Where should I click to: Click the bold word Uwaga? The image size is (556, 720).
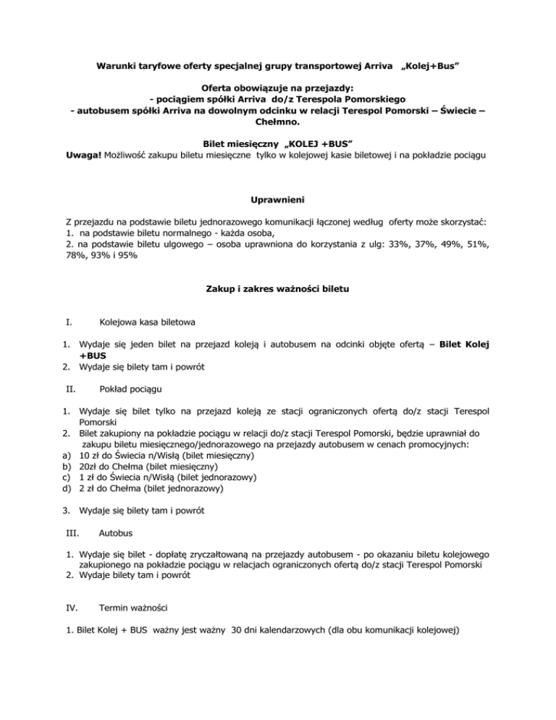tap(82, 155)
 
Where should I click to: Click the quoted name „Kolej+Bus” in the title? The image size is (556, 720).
tap(431, 65)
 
